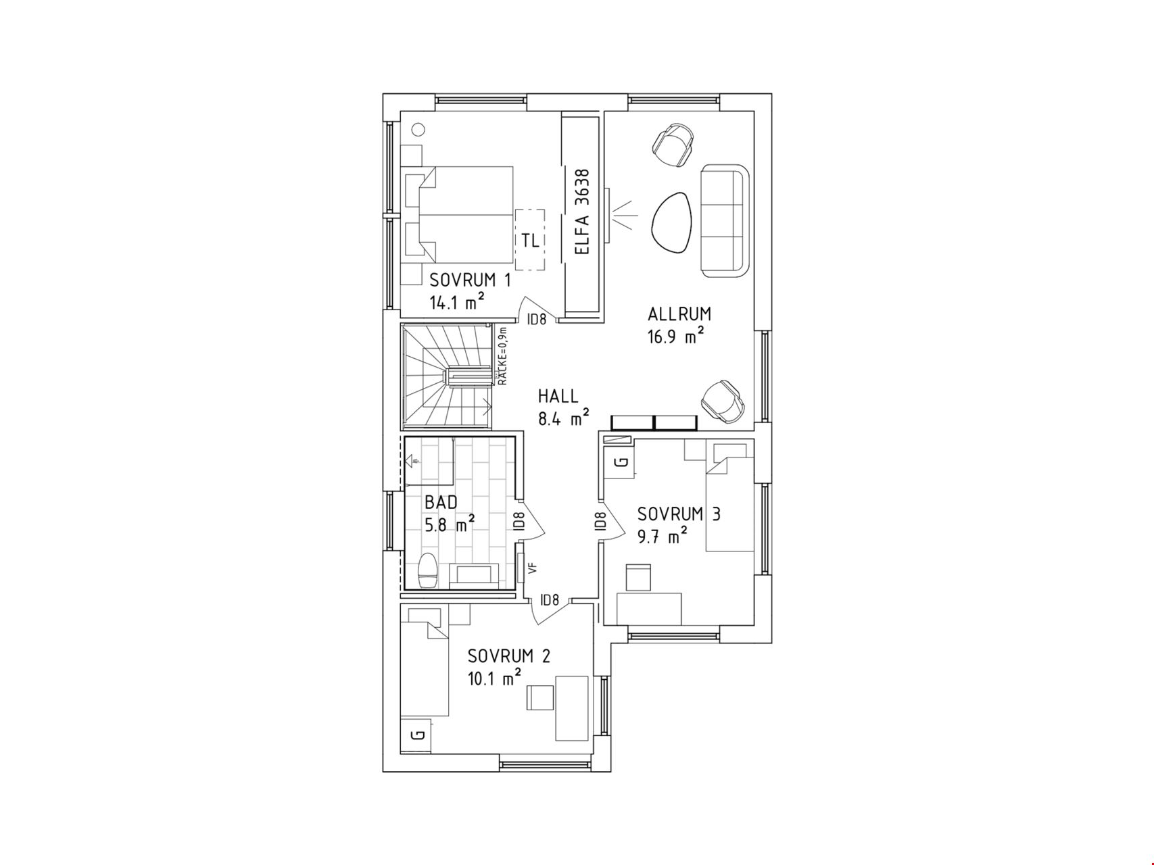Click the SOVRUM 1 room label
coord(471,280)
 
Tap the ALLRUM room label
coord(679,314)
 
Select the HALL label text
coord(558,395)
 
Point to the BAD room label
coord(441,502)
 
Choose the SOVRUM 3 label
coord(679,514)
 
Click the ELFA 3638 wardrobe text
coord(581,212)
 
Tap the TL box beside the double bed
coord(531,239)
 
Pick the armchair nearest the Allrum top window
coord(674,144)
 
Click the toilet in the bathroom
coord(428,571)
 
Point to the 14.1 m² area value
coord(458,301)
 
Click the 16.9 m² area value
coord(676,336)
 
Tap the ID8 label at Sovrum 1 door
coord(537,320)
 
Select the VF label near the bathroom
coord(532,569)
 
